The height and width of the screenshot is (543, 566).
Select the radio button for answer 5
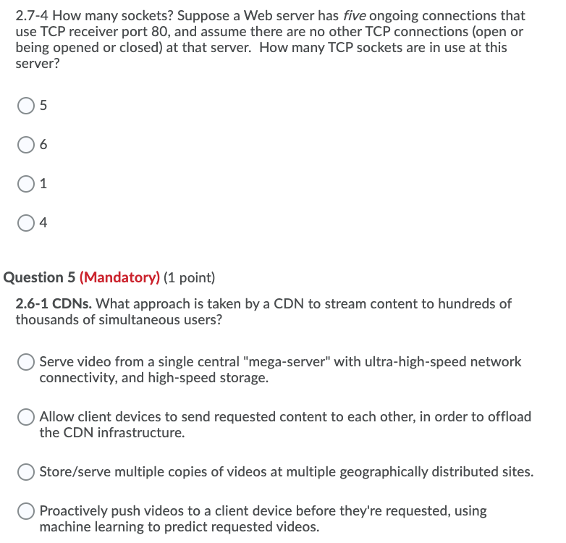tap(26, 106)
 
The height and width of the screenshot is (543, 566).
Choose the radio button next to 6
tap(26, 145)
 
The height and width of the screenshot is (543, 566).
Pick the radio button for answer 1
tap(26, 184)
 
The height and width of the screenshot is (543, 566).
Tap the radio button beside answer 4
tap(26, 223)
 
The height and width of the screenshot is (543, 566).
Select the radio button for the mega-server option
tap(26, 361)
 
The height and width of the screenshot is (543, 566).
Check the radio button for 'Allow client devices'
tap(26, 417)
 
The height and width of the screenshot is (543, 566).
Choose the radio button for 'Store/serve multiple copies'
tap(26, 472)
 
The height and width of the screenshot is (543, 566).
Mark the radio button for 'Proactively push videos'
tap(26, 511)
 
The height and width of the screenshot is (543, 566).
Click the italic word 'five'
tap(352, 16)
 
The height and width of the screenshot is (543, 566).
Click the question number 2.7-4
tap(32, 16)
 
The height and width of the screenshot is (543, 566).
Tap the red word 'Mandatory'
tap(119, 277)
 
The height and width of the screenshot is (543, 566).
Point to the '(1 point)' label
tap(190, 277)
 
